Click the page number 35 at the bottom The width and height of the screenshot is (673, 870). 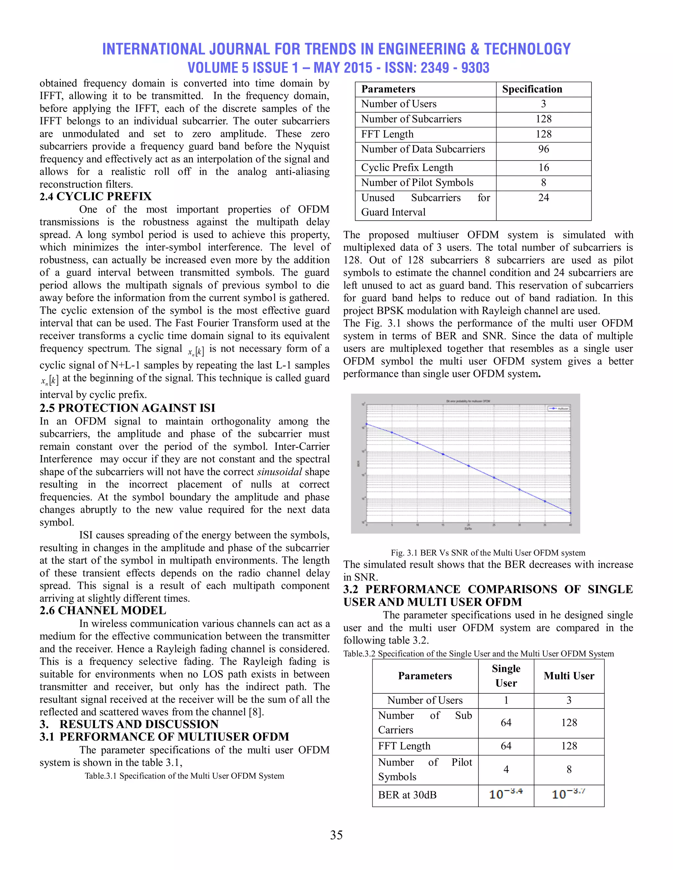pyautogui.click(x=336, y=835)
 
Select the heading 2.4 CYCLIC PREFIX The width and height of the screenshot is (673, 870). pyautogui.click(x=96, y=196)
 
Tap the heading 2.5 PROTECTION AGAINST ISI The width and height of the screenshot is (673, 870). pyautogui.click(x=127, y=408)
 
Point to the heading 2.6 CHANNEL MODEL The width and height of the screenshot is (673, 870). pyautogui.click(x=103, y=610)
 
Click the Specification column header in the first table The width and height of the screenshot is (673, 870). pyautogui.click(x=532, y=89)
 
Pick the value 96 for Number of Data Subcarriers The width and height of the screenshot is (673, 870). pyautogui.click(x=544, y=149)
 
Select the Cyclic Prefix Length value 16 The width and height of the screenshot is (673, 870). pyautogui.click(x=544, y=168)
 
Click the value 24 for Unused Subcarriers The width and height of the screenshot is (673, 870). pyautogui.click(x=544, y=198)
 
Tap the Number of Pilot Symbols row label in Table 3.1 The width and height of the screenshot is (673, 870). pyautogui.click(x=417, y=183)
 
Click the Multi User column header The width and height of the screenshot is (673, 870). pyautogui.click(x=569, y=676)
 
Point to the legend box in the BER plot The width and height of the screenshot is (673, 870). pyautogui.click(x=558, y=408)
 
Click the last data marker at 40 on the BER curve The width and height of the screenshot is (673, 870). pyautogui.click(x=570, y=513)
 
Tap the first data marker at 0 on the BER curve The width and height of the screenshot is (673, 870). pyautogui.click(x=367, y=424)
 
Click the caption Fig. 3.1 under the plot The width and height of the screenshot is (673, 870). pyautogui.click(x=488, y=553)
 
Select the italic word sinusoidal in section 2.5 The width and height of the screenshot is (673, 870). pyautogui.click(x=279, y=472)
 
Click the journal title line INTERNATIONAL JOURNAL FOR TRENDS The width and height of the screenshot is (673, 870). pyautogui.click(x=336, y=49)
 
